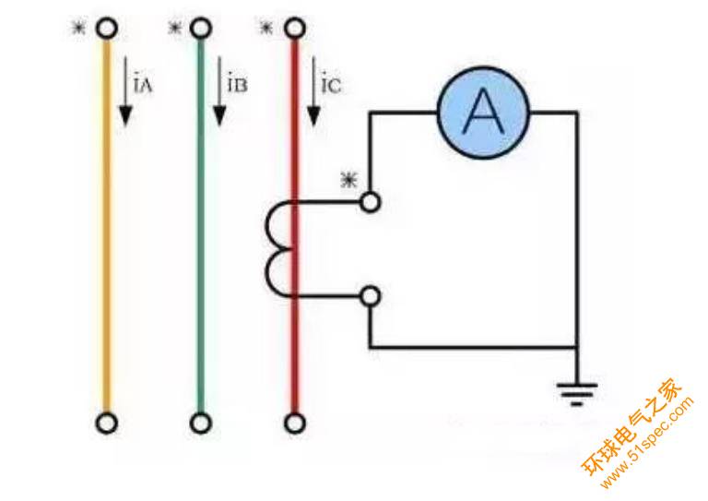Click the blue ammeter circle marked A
(482, 113)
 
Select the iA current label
(143, 86)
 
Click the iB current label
(237, 86)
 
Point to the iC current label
(332, 86)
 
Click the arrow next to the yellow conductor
(125, 92)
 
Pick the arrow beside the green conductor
(219, 92)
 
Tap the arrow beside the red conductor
(314, 92)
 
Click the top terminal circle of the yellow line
(107, 29)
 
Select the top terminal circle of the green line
(201, 29)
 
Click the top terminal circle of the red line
(295, 29)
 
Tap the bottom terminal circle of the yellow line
(107, 423)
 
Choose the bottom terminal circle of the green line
(201, 423)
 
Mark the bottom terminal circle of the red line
(295, 423)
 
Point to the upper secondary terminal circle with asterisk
(370, 201)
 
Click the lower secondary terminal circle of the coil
(370, 296)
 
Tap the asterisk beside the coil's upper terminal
(348, 180)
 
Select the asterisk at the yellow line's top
(79, 28)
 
